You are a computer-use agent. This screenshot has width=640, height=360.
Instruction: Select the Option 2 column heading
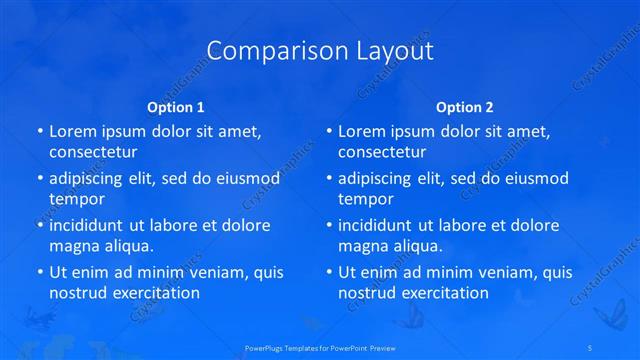465,107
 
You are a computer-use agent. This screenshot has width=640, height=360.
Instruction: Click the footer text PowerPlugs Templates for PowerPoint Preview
319,348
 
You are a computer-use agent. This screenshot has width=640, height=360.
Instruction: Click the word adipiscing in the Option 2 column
380,179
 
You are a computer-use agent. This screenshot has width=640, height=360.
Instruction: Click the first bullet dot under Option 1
39,132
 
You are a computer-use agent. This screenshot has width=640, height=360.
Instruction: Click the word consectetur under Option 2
382,152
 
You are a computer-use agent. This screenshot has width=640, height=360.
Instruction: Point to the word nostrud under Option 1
76,293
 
